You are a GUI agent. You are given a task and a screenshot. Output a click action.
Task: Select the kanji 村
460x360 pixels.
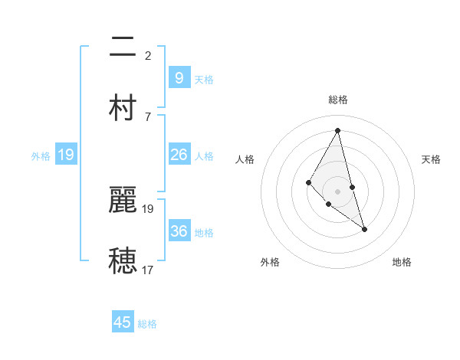(x=123, y=107)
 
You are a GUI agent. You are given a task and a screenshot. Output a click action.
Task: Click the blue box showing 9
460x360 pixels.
(x=179, y=77)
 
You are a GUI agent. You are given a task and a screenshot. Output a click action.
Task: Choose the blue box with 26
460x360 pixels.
(x=179, y=155)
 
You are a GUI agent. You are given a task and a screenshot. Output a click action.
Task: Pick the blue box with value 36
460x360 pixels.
(x=179, y=231)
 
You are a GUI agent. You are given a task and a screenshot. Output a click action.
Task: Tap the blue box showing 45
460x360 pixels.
(x=123, y=322)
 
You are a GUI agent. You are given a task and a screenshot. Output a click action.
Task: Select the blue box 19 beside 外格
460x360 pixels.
(x=66, y=155)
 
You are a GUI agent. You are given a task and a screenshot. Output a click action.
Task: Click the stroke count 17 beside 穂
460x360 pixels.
(x=148, y=270)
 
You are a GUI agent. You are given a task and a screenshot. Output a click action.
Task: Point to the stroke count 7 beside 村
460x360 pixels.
(x=148, y=116)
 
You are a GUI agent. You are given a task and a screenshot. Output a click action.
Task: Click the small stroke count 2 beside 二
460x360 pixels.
(x=148, y=56)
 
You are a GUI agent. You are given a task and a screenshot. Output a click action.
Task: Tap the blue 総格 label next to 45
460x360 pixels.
(x=147, y=324)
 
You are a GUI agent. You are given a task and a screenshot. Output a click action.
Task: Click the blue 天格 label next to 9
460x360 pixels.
(x=204, y=79)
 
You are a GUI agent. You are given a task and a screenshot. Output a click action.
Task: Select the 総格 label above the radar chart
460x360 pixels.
(x=337, y=100)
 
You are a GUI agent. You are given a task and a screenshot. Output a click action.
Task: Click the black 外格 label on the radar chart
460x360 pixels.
(x=270, y=262)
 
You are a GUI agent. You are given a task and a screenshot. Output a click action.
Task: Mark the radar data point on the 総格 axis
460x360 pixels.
(x=337, y=130)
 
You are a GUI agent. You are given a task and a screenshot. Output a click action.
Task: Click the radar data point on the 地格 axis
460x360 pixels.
(x=364, y=229)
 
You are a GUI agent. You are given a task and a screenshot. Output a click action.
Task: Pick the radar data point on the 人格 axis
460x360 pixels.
(x=309, y=182)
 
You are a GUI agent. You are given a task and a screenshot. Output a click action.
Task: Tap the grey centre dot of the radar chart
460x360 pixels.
(x=337, y=191)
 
